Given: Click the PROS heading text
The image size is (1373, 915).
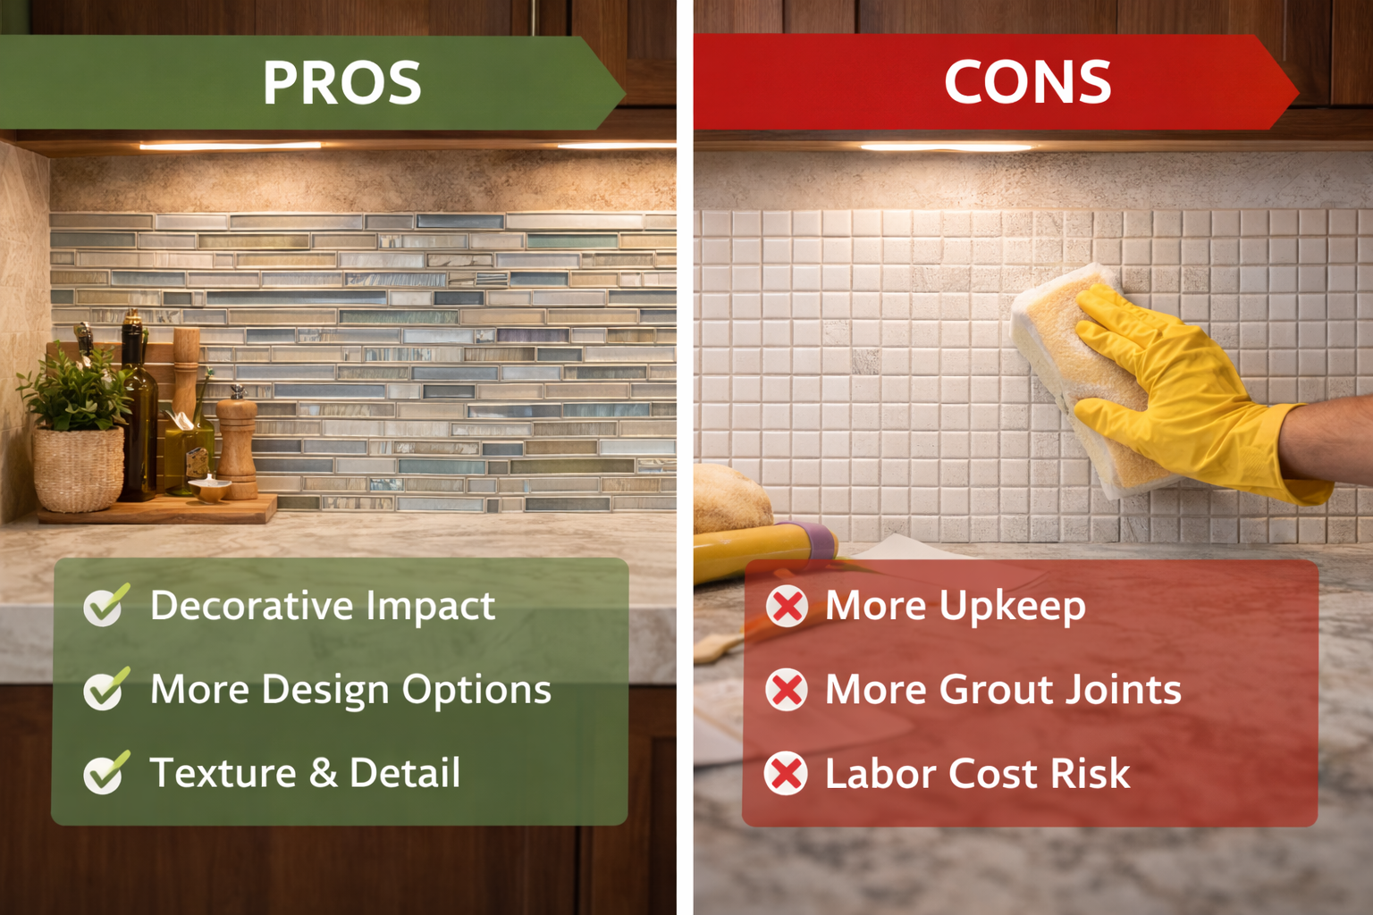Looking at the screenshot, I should pos(341,83).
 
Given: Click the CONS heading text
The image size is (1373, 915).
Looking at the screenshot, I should pos(1027,83).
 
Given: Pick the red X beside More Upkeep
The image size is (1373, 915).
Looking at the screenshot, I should pos(787,607).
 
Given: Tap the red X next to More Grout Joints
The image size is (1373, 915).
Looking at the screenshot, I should pos(787,690).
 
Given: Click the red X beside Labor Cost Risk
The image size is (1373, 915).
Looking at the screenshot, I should pos(787,774).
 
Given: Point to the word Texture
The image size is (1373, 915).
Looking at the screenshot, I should pos(223,773).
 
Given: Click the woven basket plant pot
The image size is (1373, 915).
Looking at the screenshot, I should pos(79,469).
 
